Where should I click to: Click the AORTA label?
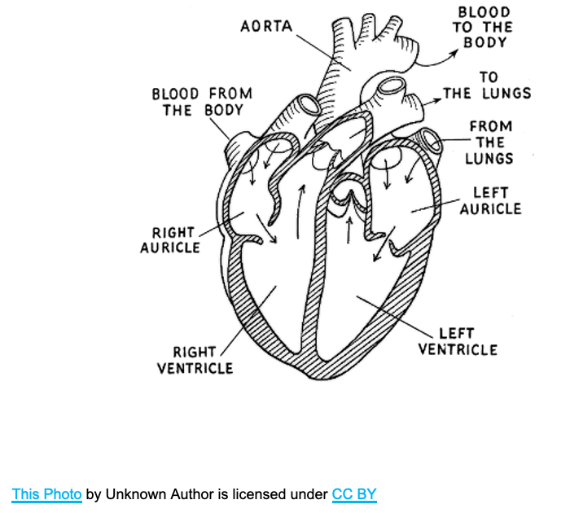tap(266, 27)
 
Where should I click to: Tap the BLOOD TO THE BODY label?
tap(484, 27)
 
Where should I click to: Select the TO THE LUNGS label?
tap(488, 85)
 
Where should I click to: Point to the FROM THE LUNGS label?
tap(490, 142)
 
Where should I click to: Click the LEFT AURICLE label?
tap(490, 201)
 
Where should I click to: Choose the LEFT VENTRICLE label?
tap(458, 341)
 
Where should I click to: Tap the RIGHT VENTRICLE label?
tap(195, 360)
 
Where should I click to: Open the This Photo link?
tap(46, 494)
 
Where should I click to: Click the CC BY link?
tap(354, 494)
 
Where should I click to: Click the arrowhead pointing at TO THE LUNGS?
tap(437, 95)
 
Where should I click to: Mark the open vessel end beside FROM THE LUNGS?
tap(431, 142)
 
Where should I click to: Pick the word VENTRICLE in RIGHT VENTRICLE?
tap(195, 368)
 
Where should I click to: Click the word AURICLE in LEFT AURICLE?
tap(490, 209)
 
